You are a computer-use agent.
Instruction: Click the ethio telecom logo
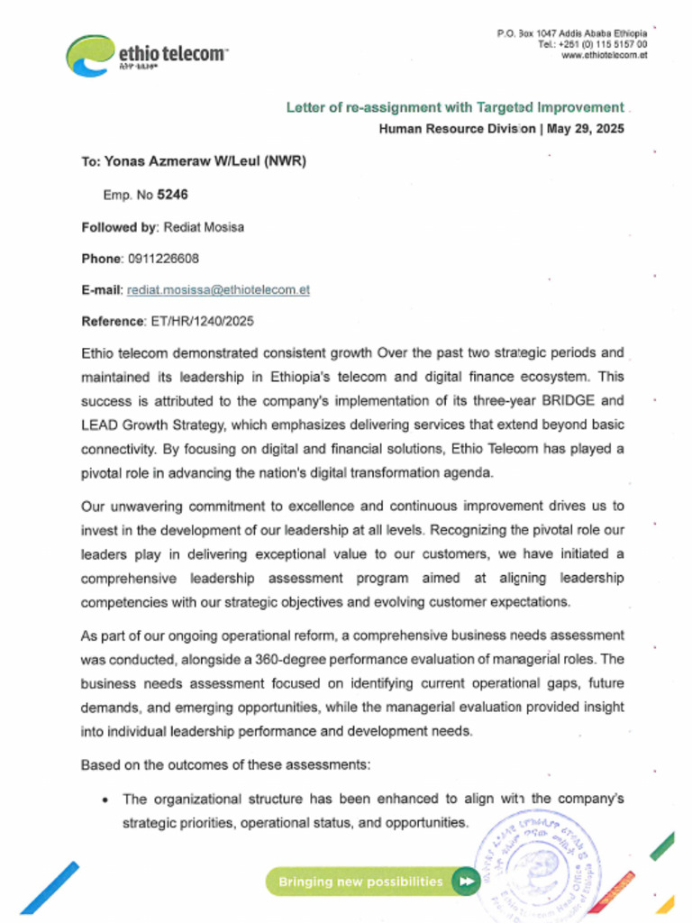[144, 55]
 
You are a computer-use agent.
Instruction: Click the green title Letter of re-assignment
[454, 107]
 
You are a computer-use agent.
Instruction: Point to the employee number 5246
[172, 194]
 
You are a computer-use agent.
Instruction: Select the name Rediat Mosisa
[203, 227]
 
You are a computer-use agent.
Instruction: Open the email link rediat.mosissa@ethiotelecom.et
[218, 290]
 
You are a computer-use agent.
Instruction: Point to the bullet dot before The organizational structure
[106, 800]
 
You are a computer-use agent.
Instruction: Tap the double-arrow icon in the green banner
[465, 881]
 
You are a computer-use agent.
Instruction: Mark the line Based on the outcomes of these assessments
[225, 765]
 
